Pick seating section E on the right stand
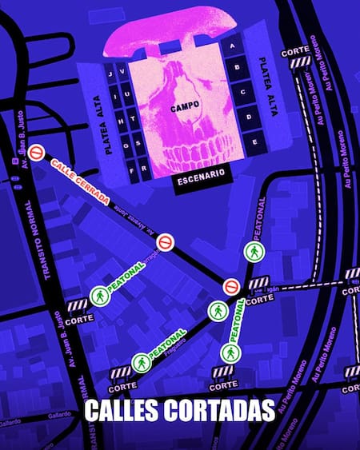click(255, 141)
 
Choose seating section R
click(145, 169)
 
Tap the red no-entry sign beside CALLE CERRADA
click(35, 152)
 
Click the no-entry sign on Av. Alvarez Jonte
click(165, 241)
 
